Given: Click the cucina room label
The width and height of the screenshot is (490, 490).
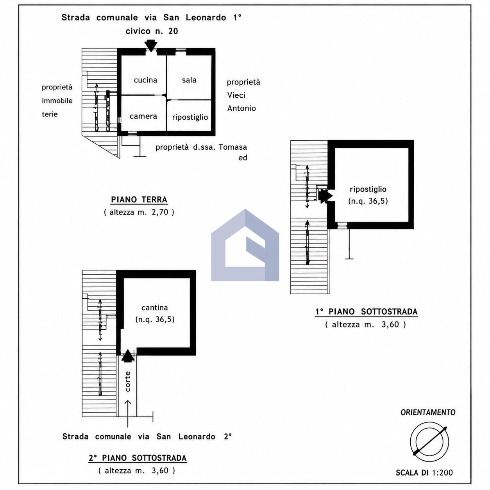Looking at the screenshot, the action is [145, 80].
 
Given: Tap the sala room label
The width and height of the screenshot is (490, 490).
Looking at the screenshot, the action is [189, 80].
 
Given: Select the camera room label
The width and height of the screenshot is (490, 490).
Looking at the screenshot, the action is [143, 116].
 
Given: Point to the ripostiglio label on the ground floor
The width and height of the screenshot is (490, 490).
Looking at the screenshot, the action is [190, 117].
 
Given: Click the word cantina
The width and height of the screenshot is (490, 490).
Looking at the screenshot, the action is [155, 308].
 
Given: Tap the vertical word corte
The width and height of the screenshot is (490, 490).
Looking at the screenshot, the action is [128, 381].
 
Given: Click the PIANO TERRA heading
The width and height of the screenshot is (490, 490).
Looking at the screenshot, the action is [139, 200].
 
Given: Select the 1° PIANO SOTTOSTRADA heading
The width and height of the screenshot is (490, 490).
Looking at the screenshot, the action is [367, 311].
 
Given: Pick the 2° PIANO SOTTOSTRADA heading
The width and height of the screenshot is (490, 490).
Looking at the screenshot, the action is [138, 458].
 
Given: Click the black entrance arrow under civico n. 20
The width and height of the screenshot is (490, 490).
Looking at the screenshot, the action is [151, 46].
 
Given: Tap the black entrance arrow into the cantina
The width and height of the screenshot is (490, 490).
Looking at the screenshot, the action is [128, 356].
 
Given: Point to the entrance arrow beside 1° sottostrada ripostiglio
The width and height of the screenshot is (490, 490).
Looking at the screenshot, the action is [325, 196].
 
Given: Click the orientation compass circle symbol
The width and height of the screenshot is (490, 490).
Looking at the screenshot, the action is [429, 442].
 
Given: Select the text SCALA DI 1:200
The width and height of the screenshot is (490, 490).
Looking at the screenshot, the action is [424, 473].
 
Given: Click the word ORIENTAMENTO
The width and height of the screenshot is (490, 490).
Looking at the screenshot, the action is [428, 412].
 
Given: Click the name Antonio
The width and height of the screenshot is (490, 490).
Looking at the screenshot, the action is [241, 108].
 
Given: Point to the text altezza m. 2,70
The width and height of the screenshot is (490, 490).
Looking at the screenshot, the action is [139, 212].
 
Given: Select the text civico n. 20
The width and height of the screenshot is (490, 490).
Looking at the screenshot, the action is [152, 31].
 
